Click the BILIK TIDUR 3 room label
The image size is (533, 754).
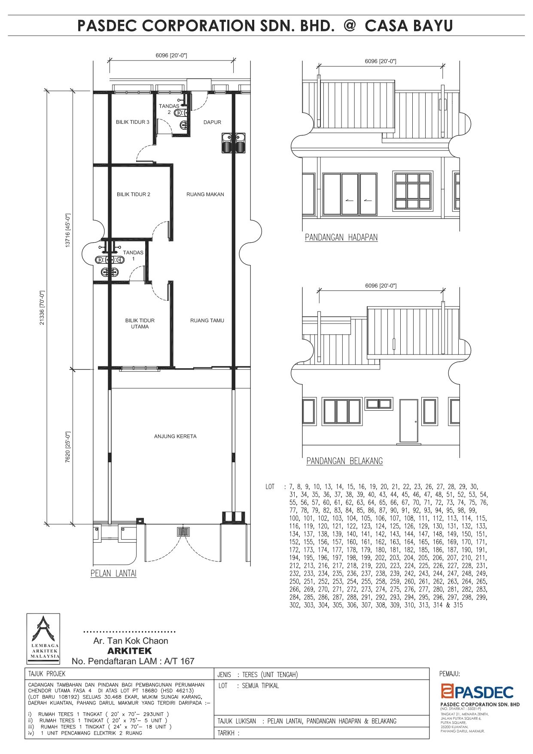[x=133, y=122]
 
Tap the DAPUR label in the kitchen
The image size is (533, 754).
[x=212, y=122]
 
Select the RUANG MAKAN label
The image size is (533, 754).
[x=205, y=194]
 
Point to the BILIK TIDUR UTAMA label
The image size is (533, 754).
[x=140, y=324]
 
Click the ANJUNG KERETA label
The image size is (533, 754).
[x=175, y=437]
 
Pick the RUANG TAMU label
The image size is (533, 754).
[x=207, y=321]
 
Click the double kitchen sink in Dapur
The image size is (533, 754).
[x=233, y=143]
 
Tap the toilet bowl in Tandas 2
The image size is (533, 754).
[x=183, y=125]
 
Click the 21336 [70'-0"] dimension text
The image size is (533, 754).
[x=42, y=308]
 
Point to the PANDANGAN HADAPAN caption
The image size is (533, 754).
[x=341, y=238]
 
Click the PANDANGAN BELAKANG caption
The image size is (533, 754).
[x=344, y=461]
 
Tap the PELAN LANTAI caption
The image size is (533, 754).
[x=113, y=574]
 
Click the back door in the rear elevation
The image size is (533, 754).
[x=408, y=421]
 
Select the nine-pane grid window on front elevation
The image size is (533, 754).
[x=413, y=191]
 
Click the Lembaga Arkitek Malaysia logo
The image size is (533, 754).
[x=43, y=639]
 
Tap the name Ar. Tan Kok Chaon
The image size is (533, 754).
[x=131, y=641]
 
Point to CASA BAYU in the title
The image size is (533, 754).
[x=409, y=26]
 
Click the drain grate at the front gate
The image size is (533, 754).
[x=183, y=532]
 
